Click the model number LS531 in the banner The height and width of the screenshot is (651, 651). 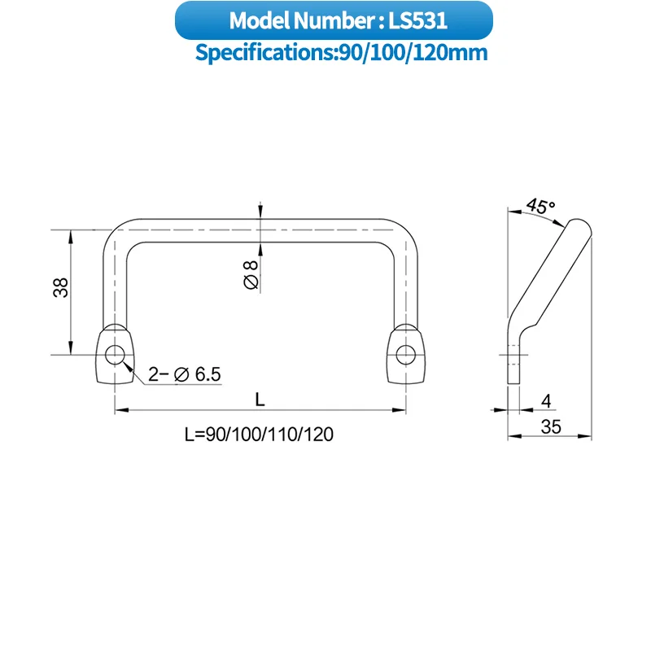point(417,20)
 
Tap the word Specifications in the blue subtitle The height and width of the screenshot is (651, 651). point(265,53)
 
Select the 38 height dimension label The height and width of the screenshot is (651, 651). point(60,287)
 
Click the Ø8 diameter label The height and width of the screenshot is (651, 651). point(251,274)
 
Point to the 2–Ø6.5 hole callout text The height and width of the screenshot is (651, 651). point(185,374)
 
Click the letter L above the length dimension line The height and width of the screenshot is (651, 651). point(260,400)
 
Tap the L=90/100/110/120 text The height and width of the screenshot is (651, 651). point(259,435)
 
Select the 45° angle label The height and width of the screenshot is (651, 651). point(540,206)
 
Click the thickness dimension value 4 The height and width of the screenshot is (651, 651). point(546,401)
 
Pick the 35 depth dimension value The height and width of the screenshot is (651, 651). point(551,426)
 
